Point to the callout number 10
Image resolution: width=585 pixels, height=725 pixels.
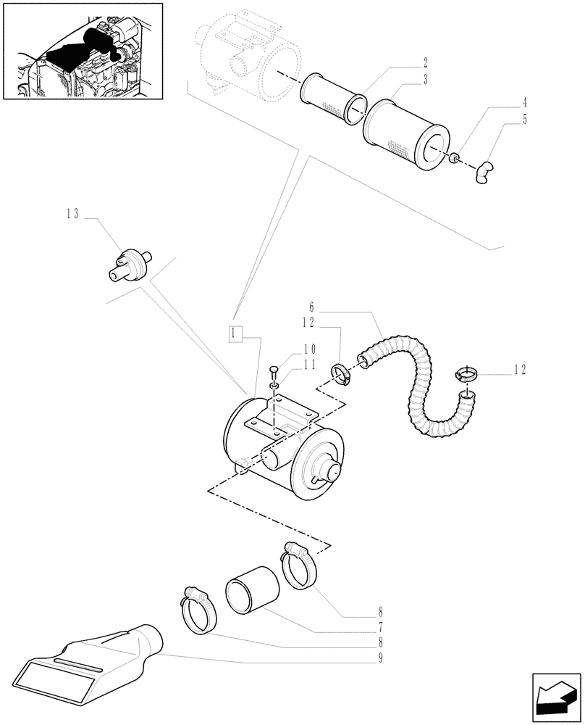309,349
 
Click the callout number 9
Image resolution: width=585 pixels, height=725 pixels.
379,658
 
